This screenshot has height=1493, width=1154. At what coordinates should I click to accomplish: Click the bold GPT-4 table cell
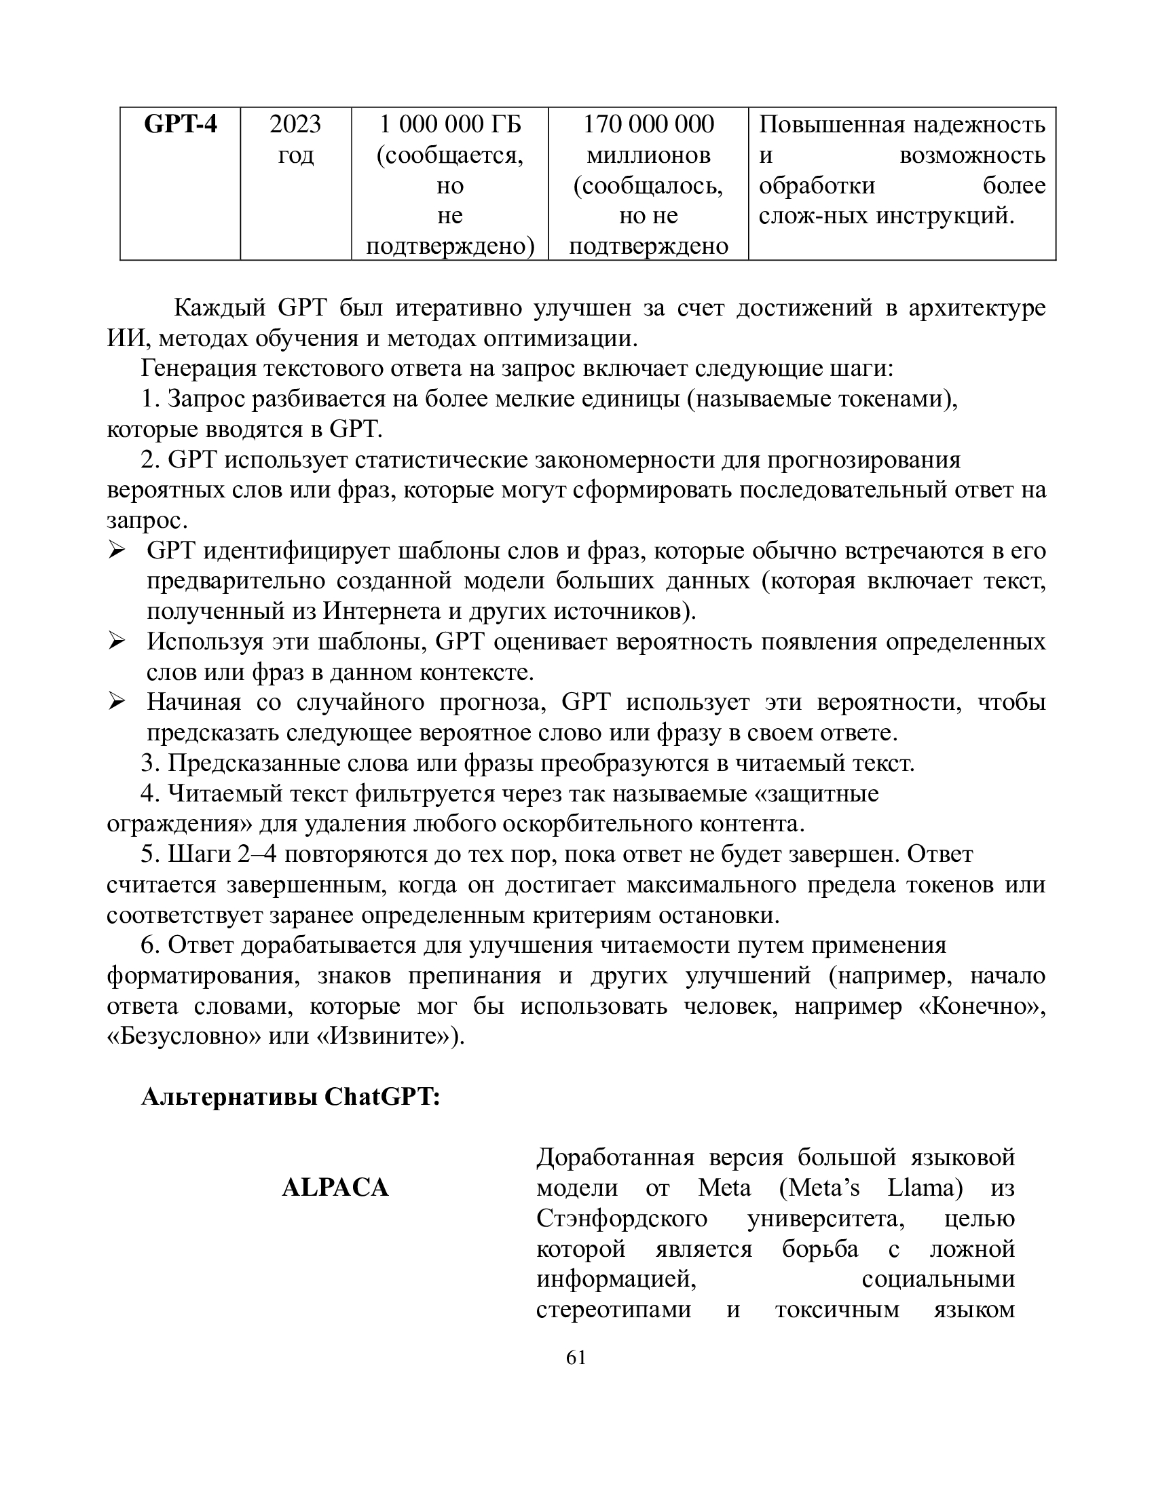(x=180, y=125)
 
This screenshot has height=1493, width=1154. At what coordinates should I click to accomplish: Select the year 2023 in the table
(x=295, y=125)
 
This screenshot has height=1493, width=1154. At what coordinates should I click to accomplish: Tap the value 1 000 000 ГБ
(x=450, y=125)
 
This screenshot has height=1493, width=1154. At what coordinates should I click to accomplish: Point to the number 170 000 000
(x=648, y=125)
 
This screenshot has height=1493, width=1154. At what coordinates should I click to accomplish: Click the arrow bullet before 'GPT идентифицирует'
(x=117, y=550)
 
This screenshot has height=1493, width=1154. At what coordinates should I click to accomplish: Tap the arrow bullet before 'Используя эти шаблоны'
(x=117, y=641)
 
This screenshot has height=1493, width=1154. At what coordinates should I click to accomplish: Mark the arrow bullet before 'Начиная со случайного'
(x=117, y=702)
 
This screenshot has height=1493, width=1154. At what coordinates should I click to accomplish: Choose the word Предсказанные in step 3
(x=244, y=763)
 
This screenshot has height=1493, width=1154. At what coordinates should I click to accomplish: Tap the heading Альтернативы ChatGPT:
(x=291, y=1097)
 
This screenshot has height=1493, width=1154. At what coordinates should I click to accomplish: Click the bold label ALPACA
(x=335, y=1188)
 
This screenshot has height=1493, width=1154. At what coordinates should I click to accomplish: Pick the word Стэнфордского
(x=621, y=1219)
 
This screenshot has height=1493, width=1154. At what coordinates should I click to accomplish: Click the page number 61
(x=576, y=1358)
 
